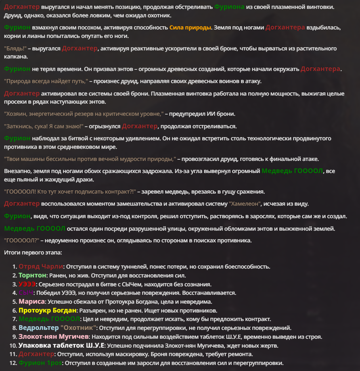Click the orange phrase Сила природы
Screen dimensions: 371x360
pos(190,27)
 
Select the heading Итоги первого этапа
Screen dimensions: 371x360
pos(33,253)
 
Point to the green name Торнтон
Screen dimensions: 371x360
pos(32,275)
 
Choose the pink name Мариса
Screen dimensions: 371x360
pos(31,301)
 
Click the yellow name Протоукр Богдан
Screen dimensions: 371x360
pos(47,310)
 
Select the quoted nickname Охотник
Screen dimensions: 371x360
pos(78,327)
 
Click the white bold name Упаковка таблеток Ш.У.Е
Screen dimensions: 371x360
pos(62,345)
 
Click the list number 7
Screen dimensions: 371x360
pos(15,319)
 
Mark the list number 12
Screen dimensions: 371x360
pos(13,363)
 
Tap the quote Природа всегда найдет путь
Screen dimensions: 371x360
pos(46,81)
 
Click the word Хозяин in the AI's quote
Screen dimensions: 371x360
pos(17,114)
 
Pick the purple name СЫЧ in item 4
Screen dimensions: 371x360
pos(26,293)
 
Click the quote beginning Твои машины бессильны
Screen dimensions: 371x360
pos(90,158)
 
